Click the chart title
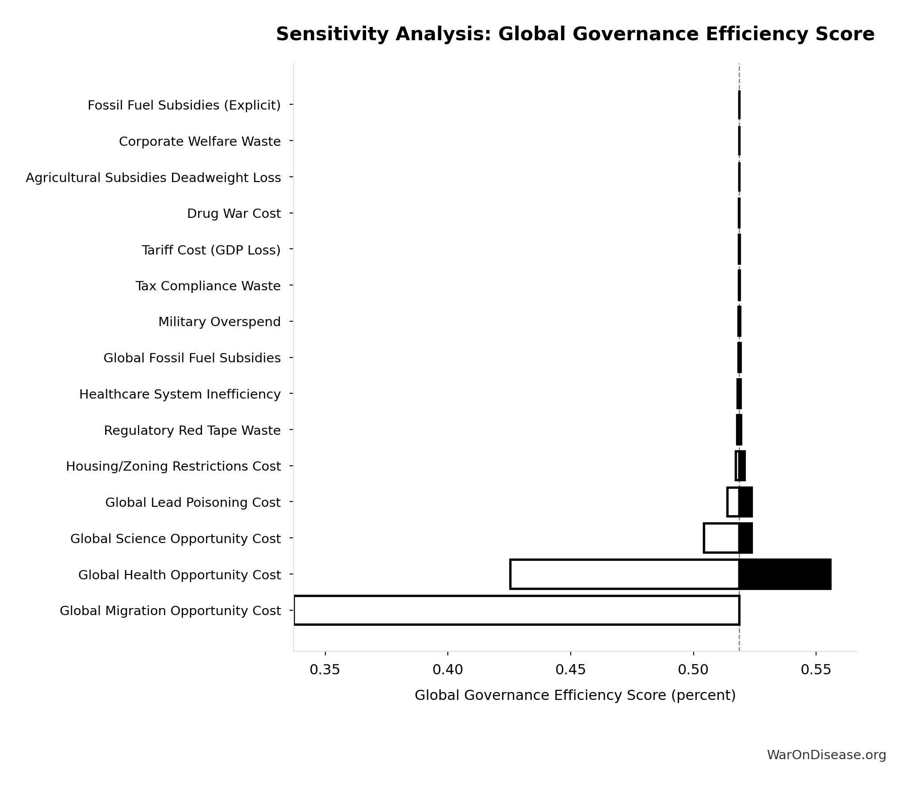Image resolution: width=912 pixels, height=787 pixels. pos(575,34)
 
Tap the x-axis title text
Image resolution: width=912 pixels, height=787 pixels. pos(575,695)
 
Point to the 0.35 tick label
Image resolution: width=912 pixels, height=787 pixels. pos(325,670)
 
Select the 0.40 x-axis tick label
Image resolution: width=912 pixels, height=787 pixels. pos(448,670)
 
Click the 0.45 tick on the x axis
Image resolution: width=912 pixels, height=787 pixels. pos(570,670)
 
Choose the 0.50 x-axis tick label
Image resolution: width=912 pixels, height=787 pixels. pos(693,670)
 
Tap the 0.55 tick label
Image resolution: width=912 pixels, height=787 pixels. pos(816,670)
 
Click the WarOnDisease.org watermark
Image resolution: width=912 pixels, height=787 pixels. pos(826,755)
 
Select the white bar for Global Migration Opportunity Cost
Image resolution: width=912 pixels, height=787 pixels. pos(516,610)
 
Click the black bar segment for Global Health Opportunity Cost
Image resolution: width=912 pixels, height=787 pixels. pos(785,574)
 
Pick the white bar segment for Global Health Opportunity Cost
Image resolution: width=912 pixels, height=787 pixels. pos(624,574)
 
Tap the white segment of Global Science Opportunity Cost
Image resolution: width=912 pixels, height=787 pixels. pos(721,538)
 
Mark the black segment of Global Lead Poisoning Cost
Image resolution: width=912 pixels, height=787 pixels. pos(745,502)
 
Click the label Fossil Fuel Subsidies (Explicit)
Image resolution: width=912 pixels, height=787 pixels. pos(184,105)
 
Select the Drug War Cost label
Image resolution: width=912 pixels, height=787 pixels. pos(233,213)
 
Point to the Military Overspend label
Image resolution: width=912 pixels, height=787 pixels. pos(219,322)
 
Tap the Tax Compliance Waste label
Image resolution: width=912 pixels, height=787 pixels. pos(208,286)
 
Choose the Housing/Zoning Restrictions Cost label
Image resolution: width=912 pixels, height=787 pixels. pos(173,466)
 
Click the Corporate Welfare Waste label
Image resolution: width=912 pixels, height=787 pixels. pos(199,141)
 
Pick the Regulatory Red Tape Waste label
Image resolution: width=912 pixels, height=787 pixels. pos(192,430)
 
